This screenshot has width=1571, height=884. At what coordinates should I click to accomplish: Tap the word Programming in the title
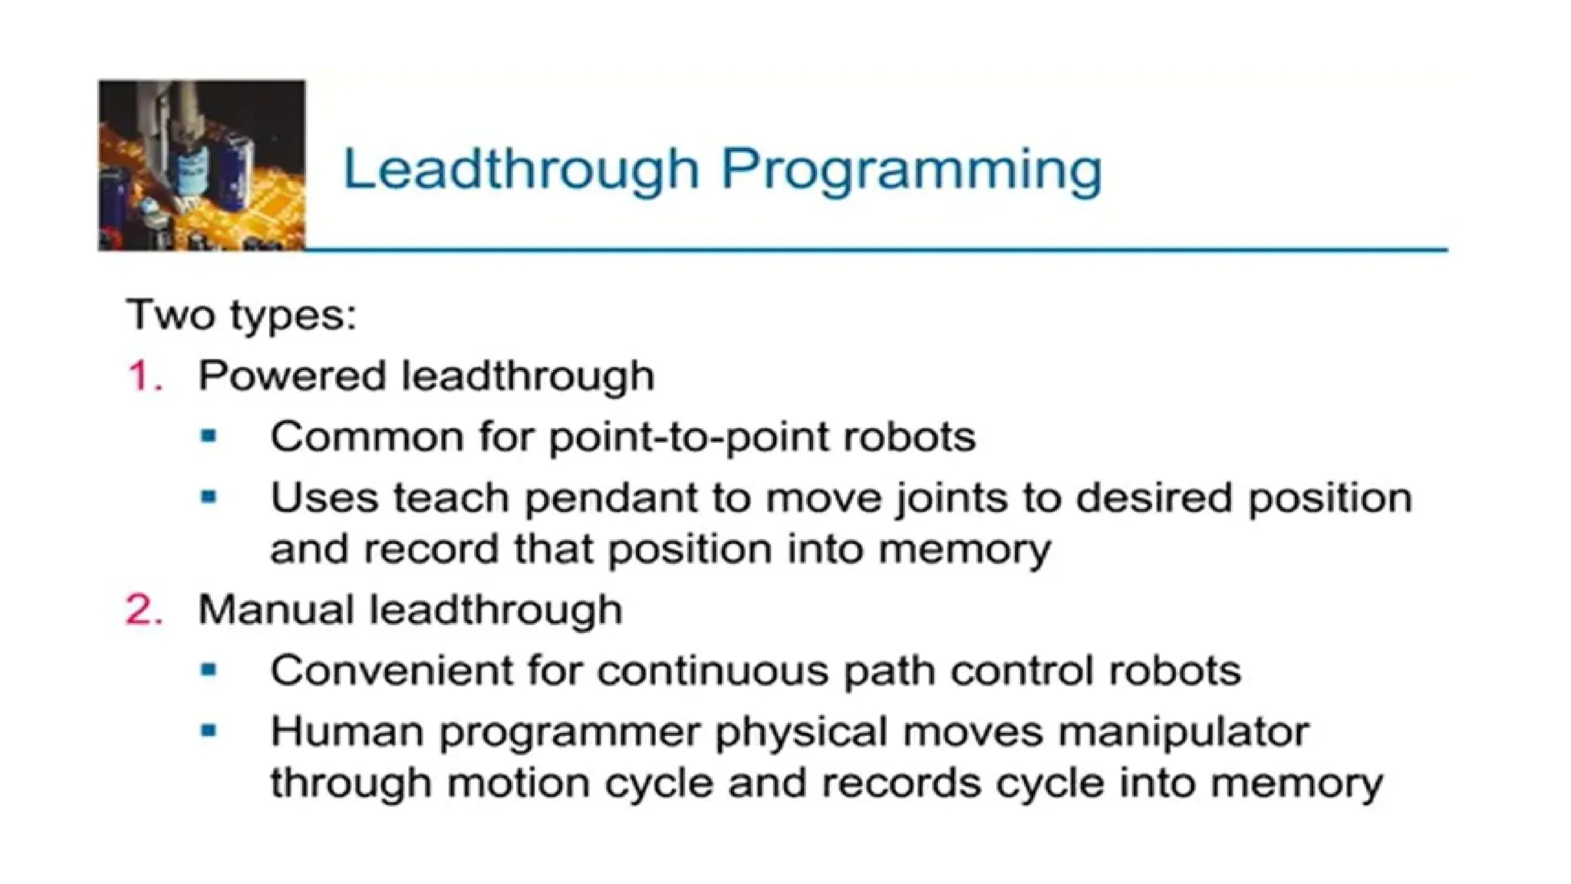[911, 170]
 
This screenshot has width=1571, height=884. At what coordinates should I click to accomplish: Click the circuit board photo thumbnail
[202, 165]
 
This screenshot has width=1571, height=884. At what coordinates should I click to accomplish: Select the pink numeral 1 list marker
[143, 376]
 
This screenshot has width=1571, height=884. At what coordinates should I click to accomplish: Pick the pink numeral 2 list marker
[143, 610]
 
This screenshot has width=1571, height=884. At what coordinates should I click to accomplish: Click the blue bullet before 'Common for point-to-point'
[208, 437]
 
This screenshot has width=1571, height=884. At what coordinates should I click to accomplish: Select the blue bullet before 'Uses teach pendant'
[208, 497]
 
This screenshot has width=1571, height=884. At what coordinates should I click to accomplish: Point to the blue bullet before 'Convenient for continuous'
[208, 670]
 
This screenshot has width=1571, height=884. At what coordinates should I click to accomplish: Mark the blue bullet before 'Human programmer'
[208, 731]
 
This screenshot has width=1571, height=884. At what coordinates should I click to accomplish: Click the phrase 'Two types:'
[242, 315]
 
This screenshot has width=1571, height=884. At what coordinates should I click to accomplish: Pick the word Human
[347, 731]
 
